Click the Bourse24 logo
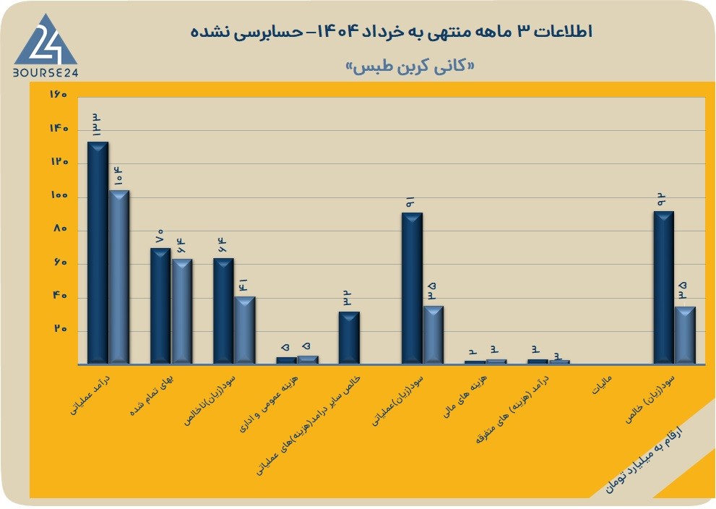click(x=46, y=45)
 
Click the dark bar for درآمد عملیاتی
click(x=98, y=252)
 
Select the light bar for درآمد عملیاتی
click(x=118, y=277)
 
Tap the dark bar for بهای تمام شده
click(x=160, y=306)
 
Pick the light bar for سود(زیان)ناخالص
click(x=245, y=330)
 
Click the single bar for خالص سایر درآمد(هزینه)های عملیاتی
click(x=349, y=338)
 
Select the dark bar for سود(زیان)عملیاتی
click(x=412, y=288)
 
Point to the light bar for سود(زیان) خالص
click(x=685, y=335)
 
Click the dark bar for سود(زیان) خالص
click(x=664, y=288)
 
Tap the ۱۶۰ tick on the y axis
click(x=59, y=95)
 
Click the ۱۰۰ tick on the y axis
click(x=59, y=195)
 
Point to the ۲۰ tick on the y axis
click(x=61, y=329)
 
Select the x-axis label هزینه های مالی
click(x=465, y=396)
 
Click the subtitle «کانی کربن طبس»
click(x=410, y=67)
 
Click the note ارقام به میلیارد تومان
click(x=644, y=460)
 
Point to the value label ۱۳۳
click(x=98, y=125)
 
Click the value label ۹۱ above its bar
click(x=410, y=202)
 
